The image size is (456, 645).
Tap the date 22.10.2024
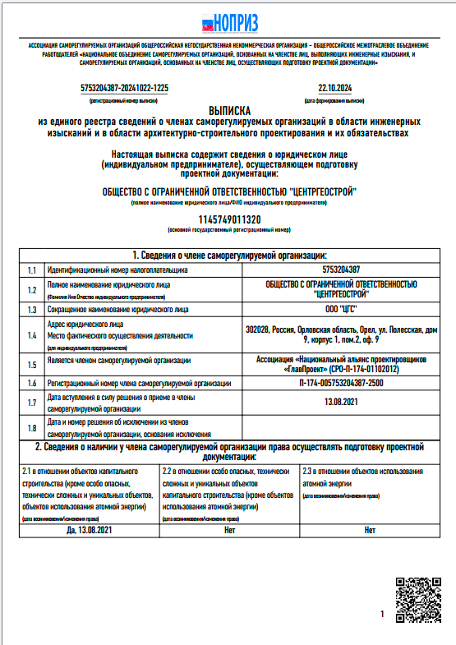tap(334, 87)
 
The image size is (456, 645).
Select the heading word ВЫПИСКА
tap(228, 109)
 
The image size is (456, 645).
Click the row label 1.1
tap(31, 270)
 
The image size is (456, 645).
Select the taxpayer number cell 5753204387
tap(340, 270)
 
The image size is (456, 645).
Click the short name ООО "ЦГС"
tap(340, 310)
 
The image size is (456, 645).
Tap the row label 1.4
tap(31, 335)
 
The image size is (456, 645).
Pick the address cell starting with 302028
tap(340, 334)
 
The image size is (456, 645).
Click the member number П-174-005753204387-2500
tap(340, 383)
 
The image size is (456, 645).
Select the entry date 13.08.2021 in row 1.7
tap(340, 402)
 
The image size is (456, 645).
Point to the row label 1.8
tap(31, 427)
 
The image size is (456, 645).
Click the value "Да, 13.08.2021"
tap(89, 530)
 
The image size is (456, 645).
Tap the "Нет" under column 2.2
tap(229, 530)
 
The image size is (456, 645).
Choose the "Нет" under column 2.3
tap(369, 530)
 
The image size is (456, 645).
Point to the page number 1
tap(382, 615)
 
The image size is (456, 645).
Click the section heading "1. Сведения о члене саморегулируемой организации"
tap(229, 256)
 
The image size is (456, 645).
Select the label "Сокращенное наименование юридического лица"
tap(118, 310)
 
